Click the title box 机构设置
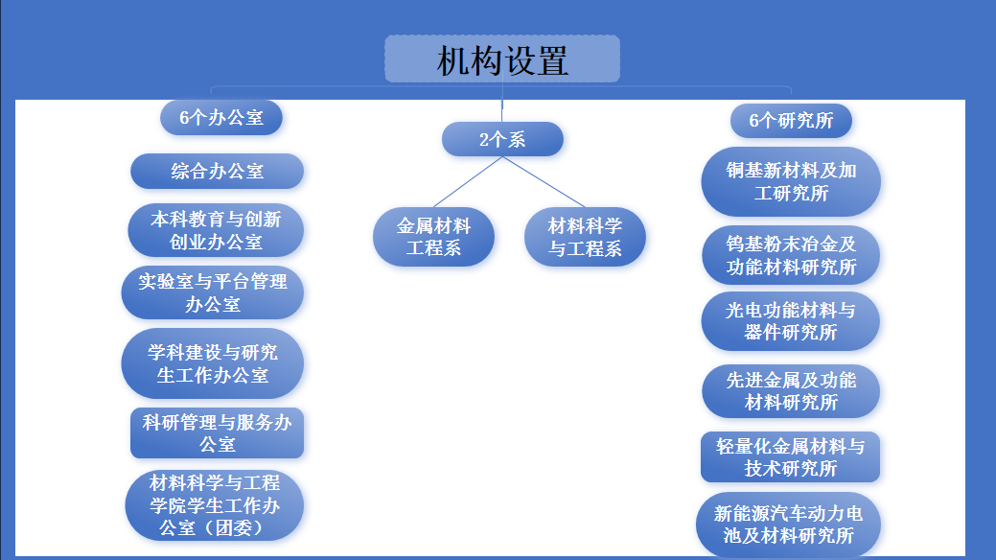502,59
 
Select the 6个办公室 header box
220,118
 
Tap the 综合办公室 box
217,172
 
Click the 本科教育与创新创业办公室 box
216,230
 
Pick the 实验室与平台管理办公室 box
212,292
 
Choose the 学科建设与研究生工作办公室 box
212,363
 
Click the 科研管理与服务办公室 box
217,432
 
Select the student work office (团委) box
215,504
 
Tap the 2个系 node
502,140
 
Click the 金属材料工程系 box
433,237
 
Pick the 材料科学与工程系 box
585,237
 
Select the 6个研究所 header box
791,121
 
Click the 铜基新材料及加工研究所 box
791,181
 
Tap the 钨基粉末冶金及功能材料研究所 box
791,255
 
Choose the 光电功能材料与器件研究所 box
791,321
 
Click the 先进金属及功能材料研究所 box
791,390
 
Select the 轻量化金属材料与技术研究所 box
791,456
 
